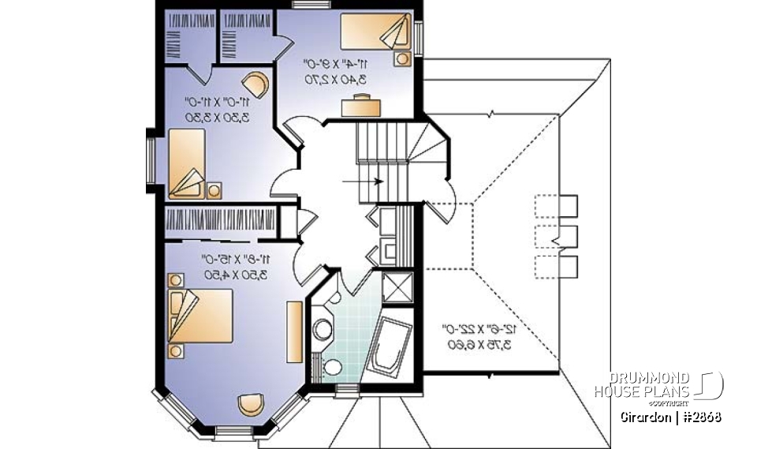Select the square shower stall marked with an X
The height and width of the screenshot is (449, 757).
pos(397,286)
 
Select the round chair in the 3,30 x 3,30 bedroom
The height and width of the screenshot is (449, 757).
pos(255,83)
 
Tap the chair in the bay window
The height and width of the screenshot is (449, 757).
pos(252,402)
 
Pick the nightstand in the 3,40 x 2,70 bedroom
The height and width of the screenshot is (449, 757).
pos(403,58)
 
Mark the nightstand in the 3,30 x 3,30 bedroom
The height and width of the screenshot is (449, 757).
pos(214,189)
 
